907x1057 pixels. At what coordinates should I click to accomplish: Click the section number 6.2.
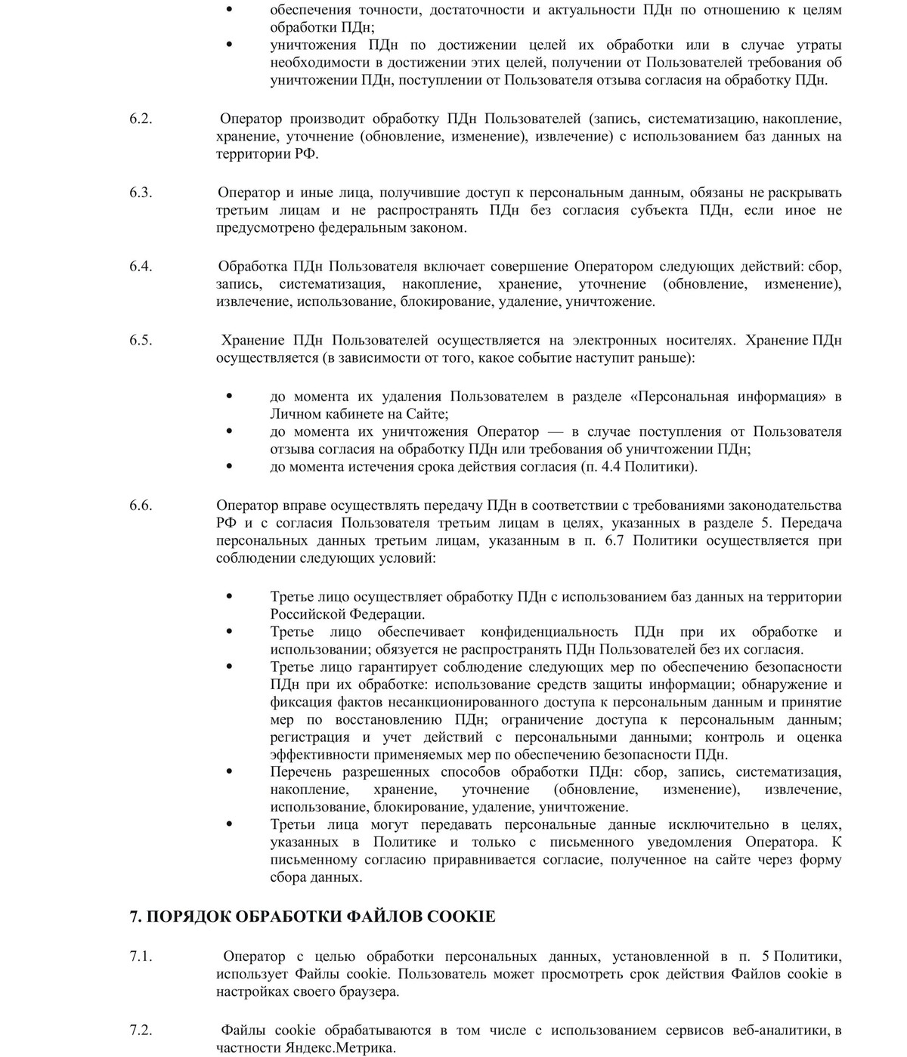pyautogui.click(x=141, y=119)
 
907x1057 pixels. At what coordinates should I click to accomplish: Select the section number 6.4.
pyautogui.click(x=141, y=267)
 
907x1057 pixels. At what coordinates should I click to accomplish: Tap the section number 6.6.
pyautogui.click(x=141, y=505)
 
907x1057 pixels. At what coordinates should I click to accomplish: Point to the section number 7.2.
pyautogui.click(x=141, y=1031)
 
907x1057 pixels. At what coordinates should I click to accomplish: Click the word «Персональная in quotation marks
pyautogui.click(x=678, y=397)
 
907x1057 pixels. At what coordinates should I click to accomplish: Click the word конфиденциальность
pyautogui.click(x=550, y=632)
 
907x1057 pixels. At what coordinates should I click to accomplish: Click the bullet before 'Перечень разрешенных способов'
pyautogui.click(x=230, y=772)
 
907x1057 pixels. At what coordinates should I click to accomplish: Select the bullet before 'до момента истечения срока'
pyautogui.click(x=230, y=467)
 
